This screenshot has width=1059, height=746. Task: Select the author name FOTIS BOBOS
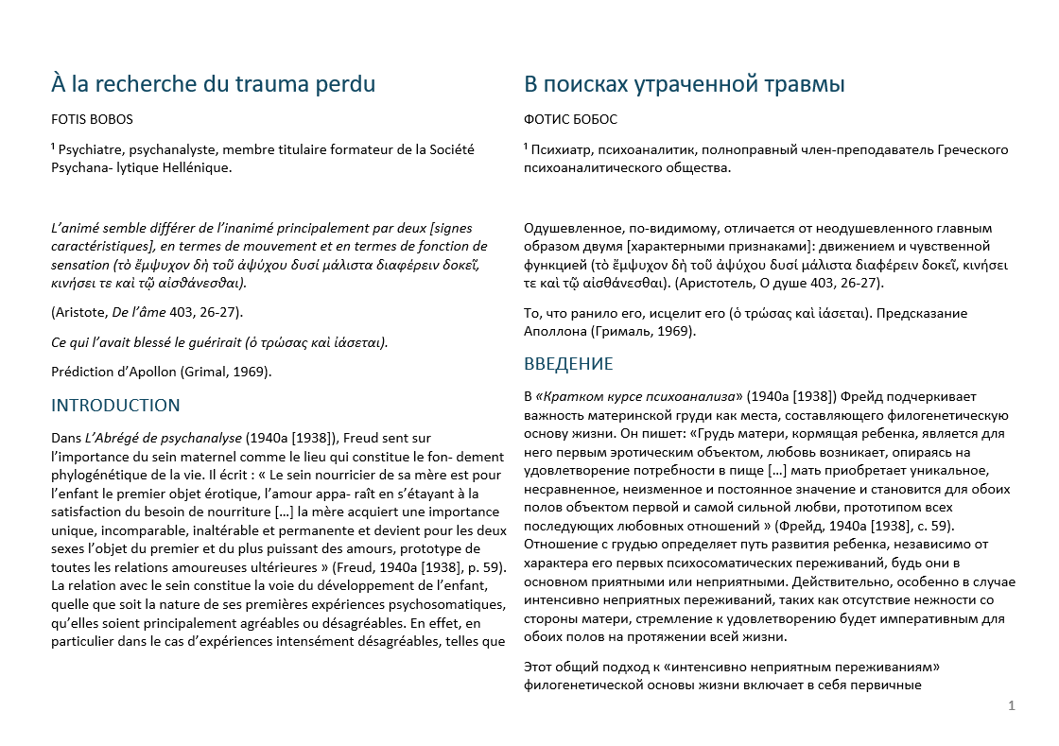coord(92,120)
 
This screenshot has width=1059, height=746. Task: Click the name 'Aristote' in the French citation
coord(83,312)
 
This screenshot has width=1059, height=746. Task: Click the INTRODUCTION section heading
coord(115,406)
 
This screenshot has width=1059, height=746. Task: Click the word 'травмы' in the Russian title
coord(800,84)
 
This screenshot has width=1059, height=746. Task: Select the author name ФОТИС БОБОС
coord(570,120)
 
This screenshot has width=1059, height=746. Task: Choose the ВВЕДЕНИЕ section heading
coord(569,364)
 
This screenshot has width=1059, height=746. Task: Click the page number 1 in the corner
coord(1012,705)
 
